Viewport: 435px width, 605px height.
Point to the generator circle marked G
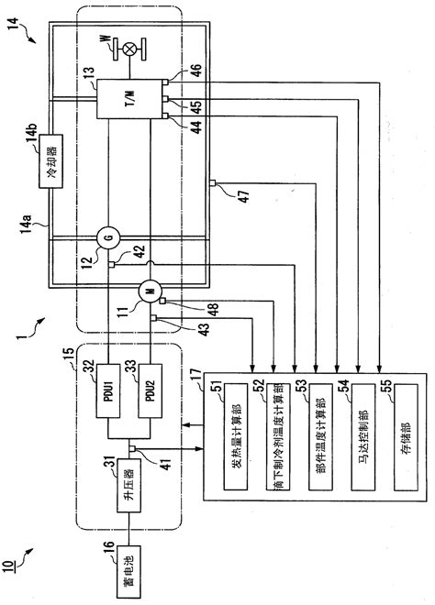(x=108, y=239)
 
